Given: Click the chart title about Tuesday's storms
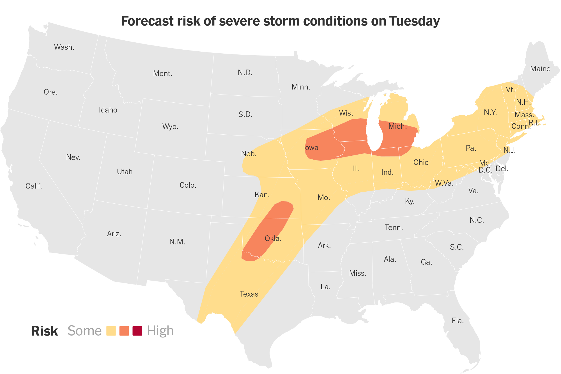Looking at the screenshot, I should (280, 21).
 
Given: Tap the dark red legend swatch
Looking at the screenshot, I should (137, 331).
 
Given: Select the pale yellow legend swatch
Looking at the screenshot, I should (111, 331).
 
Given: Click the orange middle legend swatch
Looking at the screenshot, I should (124, 331).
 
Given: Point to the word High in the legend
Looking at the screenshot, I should (160, 331).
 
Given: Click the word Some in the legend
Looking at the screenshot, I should (84, 331).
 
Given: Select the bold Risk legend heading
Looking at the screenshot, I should (44, 331).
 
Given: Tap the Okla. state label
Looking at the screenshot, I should (273, 238).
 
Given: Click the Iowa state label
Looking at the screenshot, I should (311, 148).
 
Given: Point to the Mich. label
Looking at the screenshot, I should (397, 126).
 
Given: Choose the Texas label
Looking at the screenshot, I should (249, 294).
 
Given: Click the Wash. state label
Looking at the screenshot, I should (64, 47).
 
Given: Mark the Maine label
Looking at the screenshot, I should (540, 69).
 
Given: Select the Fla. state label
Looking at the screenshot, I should (457, 320).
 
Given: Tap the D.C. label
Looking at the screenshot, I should (485, 170).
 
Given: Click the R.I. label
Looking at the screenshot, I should (534, 123).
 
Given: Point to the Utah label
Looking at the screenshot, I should (125, 172).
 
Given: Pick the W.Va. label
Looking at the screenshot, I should (444, 183).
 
